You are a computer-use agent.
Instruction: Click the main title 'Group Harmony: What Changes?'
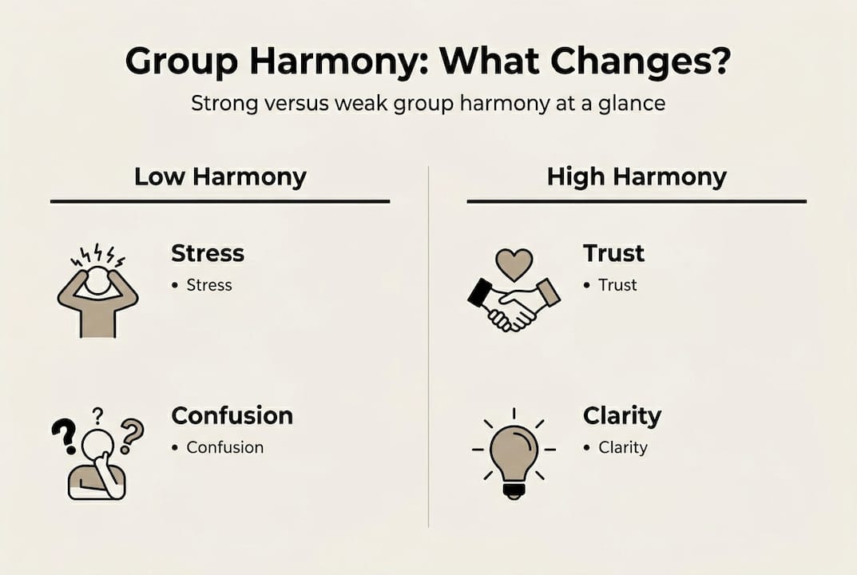[428, 62]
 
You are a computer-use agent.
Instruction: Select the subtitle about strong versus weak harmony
[428, 104]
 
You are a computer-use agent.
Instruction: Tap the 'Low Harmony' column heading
[220, 176]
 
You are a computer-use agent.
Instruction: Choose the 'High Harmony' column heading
[637, 176]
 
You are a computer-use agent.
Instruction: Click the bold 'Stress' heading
[208, 253]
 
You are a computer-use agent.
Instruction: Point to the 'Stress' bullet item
[208, 285]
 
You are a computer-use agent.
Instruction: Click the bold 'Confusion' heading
[232, 415]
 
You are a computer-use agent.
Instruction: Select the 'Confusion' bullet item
[224, 447]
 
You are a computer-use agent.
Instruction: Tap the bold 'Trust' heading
[613, 253]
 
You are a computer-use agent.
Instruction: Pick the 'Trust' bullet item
[617, 285]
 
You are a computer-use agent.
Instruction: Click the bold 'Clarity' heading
[621, 415]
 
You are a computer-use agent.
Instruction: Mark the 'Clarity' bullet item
[622, 447]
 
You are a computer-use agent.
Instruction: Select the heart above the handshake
[514, 264]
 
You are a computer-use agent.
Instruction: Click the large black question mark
[63, 436]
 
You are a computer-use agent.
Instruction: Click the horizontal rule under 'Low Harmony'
[220, 201]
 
